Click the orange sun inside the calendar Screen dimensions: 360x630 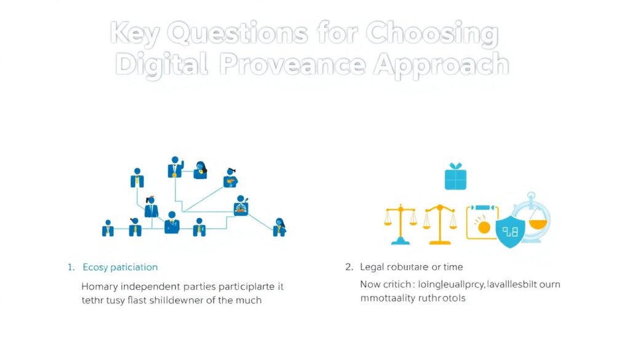coord(484,227)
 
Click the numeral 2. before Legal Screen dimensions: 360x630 coord(349,267)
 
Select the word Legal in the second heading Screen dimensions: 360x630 coord(372,267)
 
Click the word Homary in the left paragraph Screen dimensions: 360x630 coord(100,286)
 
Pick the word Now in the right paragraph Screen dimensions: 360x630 coord(370,284)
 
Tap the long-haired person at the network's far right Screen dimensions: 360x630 coord(280,226)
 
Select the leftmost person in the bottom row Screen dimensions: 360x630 coord(108,228)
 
